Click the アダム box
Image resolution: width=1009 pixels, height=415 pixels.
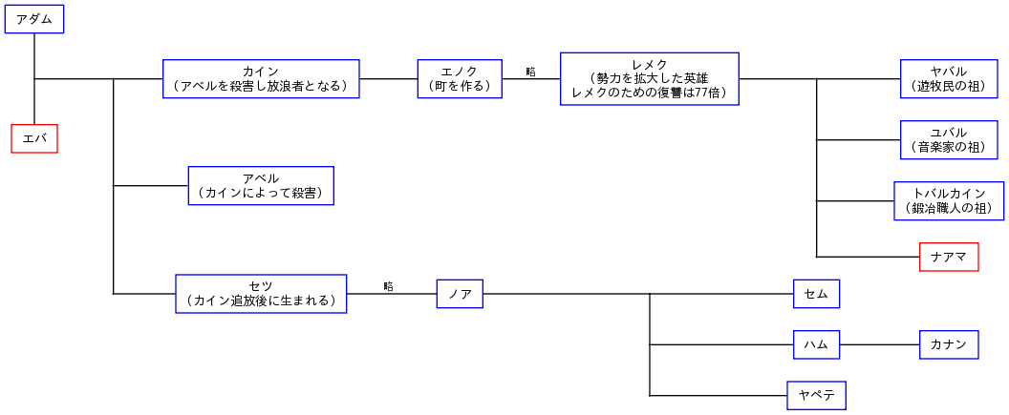pos(34,19)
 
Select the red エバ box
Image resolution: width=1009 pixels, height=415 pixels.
pos(34,139)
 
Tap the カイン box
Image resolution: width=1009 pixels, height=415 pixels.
pos(261,79)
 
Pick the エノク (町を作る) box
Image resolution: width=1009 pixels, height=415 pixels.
pos(460,79)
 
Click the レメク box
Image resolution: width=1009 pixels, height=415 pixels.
pos(649,79)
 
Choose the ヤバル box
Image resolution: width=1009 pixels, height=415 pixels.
pos(949,79)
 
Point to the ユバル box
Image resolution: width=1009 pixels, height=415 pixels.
pos(949,139)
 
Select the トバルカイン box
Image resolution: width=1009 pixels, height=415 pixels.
pos(949,201)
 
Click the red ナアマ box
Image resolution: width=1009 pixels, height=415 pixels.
pos(949,257)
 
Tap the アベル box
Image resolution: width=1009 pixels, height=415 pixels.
pos(261,186)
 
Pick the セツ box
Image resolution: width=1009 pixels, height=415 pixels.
pos(261,294)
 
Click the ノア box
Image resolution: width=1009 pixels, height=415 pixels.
pos(460,294)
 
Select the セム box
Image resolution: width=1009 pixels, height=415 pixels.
pos(816,294)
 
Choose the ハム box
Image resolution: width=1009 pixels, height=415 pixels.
pos(816,344)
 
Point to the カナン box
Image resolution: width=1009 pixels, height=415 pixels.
pos(949,344)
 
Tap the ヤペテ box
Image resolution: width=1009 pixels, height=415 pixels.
pos(816,395)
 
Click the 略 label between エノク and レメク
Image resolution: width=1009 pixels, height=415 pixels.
pos(530,72)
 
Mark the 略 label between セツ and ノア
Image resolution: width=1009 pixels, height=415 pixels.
pos(388,286)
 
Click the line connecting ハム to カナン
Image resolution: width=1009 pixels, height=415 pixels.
pos(879,344)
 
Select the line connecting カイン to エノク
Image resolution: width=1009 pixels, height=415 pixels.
pos(388,79)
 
